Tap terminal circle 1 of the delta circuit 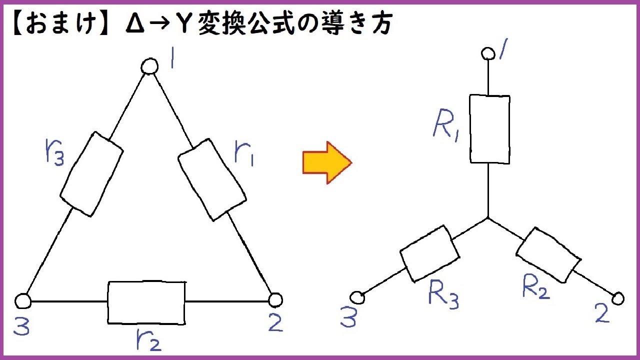point(148,66)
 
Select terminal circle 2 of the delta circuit point(275,300)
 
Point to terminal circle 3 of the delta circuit point(22,301)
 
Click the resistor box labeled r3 point(91,174)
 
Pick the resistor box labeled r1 point(212,180)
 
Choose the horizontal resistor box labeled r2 point(146,302)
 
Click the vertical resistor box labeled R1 point(489,129)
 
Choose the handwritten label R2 point(535,287)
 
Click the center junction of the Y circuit point(488,218)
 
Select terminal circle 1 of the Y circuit point(487,52)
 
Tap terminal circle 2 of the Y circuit point(618,298)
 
